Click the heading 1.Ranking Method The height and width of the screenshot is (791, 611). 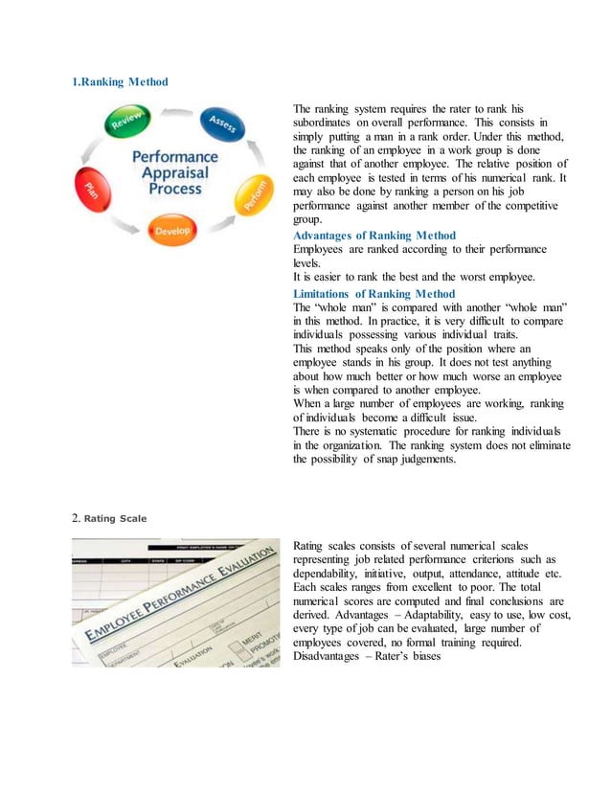(121, 81)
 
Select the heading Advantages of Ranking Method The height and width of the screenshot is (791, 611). (374, 235)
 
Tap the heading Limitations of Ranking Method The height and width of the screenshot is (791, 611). (374, 293)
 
